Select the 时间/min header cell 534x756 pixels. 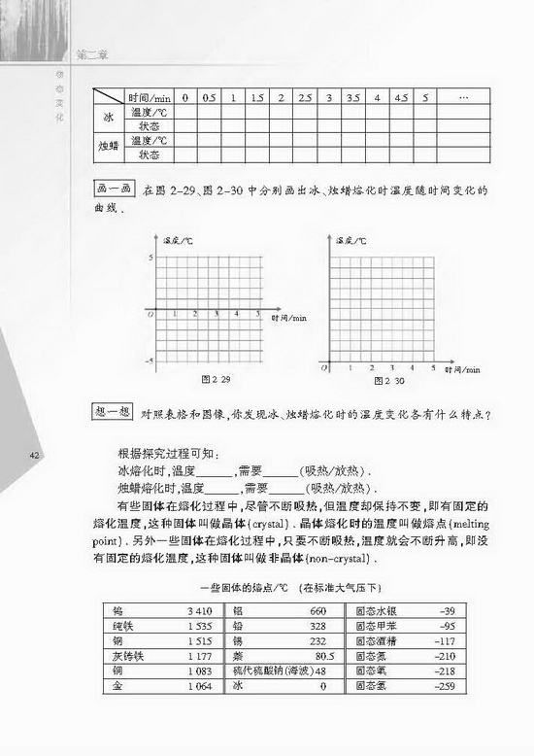(149, 98)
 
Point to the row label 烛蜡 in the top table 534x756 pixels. (109, 147)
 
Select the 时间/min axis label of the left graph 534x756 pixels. (288, 318)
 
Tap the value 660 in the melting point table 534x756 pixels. (317, 611)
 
